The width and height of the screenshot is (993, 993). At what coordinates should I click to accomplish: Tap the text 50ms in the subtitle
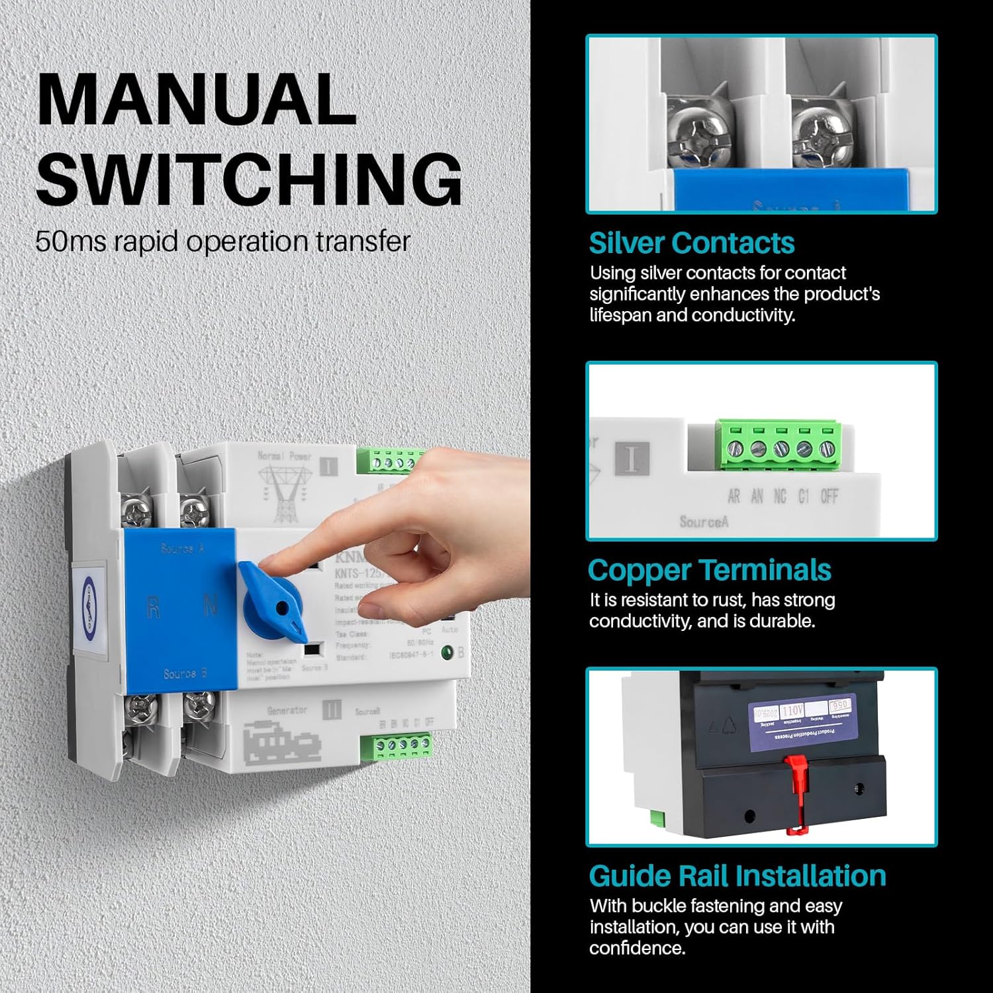tap(70, 242)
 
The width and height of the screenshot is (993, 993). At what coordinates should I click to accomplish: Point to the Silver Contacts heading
tap(691, 243)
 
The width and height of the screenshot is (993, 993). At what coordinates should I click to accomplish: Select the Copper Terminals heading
tap(709, 570)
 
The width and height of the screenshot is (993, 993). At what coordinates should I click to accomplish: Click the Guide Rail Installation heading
tap(737, 876)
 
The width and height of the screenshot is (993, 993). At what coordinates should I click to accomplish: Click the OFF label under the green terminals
tap(829, 496)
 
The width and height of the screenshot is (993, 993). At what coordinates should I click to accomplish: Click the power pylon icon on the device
tap(283, 493)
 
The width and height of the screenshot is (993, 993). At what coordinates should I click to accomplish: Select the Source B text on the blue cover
tap(185, 674)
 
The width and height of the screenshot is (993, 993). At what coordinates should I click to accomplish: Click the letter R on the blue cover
tap(153, 607)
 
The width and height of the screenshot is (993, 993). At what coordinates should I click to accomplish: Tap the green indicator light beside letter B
tap(448, 653)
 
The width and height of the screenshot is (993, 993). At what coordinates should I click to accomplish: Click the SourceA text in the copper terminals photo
tap(703, 522)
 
